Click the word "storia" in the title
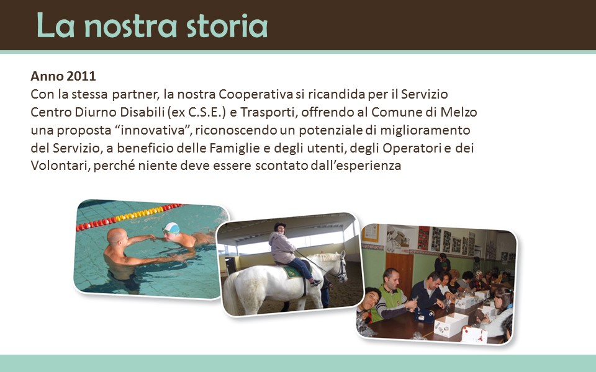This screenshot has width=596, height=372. click(227, 26)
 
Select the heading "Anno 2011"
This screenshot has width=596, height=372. click(63, 76)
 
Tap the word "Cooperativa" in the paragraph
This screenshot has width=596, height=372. click(256, 94)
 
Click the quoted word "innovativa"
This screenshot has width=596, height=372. click(152, 130)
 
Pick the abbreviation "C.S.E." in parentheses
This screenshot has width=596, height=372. click(204, 112)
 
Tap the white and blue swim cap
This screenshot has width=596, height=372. click(171, 228)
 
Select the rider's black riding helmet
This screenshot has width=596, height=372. click(280, 226)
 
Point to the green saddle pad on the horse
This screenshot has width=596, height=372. click(293, 272)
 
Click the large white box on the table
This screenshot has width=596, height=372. click(451, 324)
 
